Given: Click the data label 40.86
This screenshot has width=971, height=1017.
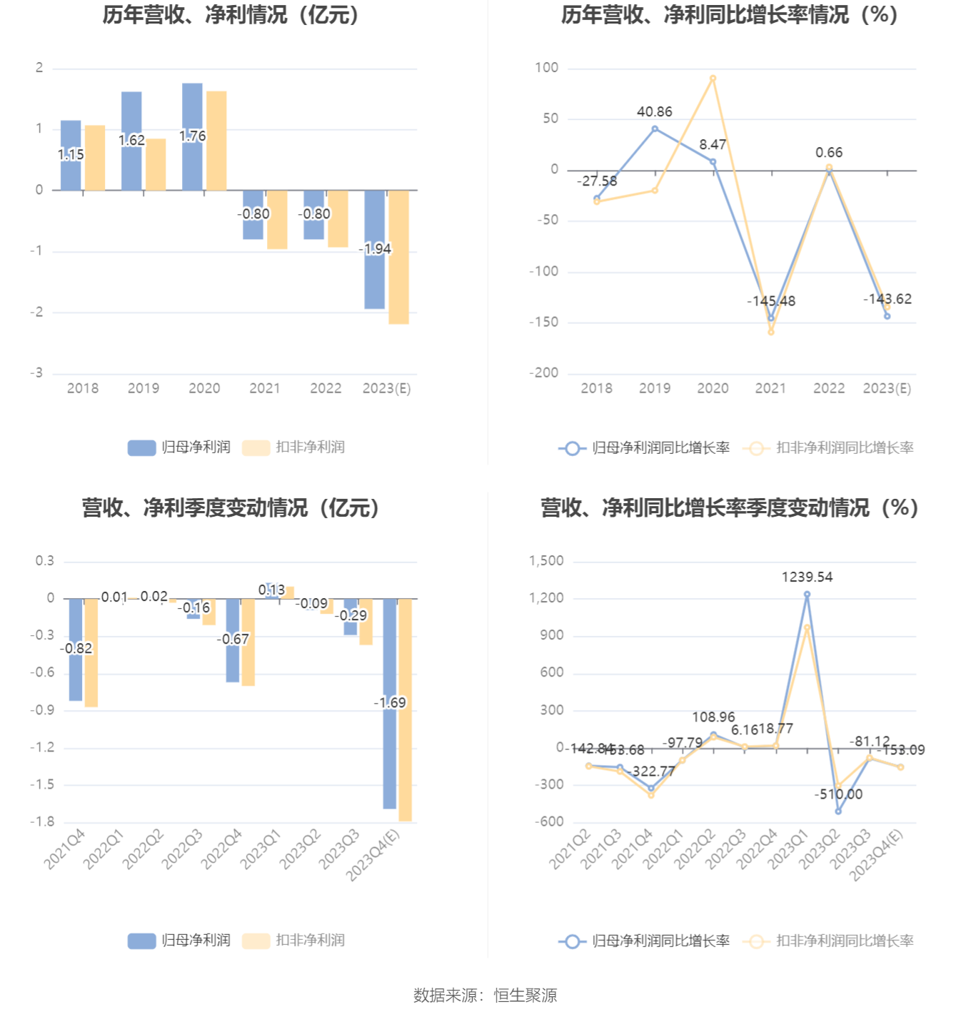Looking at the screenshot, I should coord(655,112).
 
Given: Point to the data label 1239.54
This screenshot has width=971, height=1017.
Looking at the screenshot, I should coord(807,577).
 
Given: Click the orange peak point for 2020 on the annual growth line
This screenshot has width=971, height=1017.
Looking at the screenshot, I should coord(713,79).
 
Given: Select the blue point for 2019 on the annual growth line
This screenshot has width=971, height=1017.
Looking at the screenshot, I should coord(655,129).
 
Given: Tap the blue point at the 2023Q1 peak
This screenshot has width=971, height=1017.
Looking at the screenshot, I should coord(807,594).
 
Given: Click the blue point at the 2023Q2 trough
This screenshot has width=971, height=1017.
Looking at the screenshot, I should coord(838,811).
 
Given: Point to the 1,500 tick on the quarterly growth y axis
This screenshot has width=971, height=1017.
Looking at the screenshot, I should coord(546,561).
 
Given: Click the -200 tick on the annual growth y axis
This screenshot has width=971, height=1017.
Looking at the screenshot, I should coord(544,373).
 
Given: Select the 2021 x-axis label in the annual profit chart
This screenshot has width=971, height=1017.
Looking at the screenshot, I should coord(265,388).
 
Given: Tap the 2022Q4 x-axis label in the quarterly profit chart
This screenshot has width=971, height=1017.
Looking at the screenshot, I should coord(221,849).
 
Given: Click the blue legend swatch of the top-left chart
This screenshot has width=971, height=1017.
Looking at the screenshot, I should coord(141,447).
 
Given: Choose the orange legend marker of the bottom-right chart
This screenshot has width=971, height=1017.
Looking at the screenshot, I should coord(756,941).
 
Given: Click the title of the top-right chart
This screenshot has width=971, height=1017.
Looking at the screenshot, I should coord(729,14).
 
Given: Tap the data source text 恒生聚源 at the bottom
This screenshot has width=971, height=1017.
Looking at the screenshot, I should coord(525,996).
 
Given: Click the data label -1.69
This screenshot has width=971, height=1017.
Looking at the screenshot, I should coord(390,703).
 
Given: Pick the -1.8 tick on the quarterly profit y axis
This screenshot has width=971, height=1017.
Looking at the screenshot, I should coord(42,822).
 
